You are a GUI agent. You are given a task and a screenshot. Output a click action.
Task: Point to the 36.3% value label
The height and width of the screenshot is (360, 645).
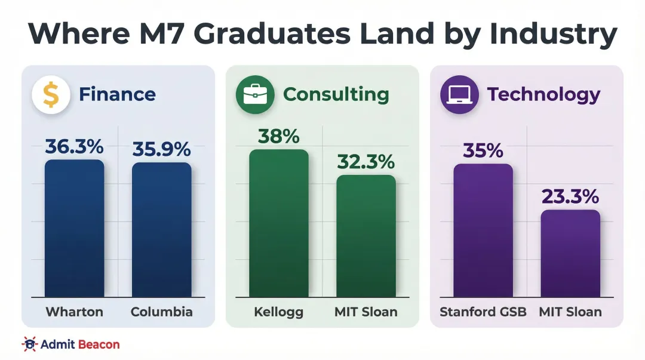click(74, 146)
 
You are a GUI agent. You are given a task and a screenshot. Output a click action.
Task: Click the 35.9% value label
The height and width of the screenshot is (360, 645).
click(161, 149)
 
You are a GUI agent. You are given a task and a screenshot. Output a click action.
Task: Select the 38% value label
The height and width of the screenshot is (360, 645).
click(279, 136)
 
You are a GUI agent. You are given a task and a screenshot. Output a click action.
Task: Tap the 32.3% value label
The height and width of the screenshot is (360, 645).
click(365, 161)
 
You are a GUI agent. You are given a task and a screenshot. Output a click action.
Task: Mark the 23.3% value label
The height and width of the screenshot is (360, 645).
click(570, 196)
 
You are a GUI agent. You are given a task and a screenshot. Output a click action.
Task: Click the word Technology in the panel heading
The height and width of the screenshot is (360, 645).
click(543, 94)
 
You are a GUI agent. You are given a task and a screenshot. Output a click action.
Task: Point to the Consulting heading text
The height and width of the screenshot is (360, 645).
click(336, 94)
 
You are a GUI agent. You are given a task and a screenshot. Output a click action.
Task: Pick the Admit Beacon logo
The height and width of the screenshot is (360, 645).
click(70, 344)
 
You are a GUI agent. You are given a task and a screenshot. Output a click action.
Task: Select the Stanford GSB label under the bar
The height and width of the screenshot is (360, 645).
click(483, 312)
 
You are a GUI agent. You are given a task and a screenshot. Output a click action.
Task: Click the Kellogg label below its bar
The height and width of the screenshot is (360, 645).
click(279, 312)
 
